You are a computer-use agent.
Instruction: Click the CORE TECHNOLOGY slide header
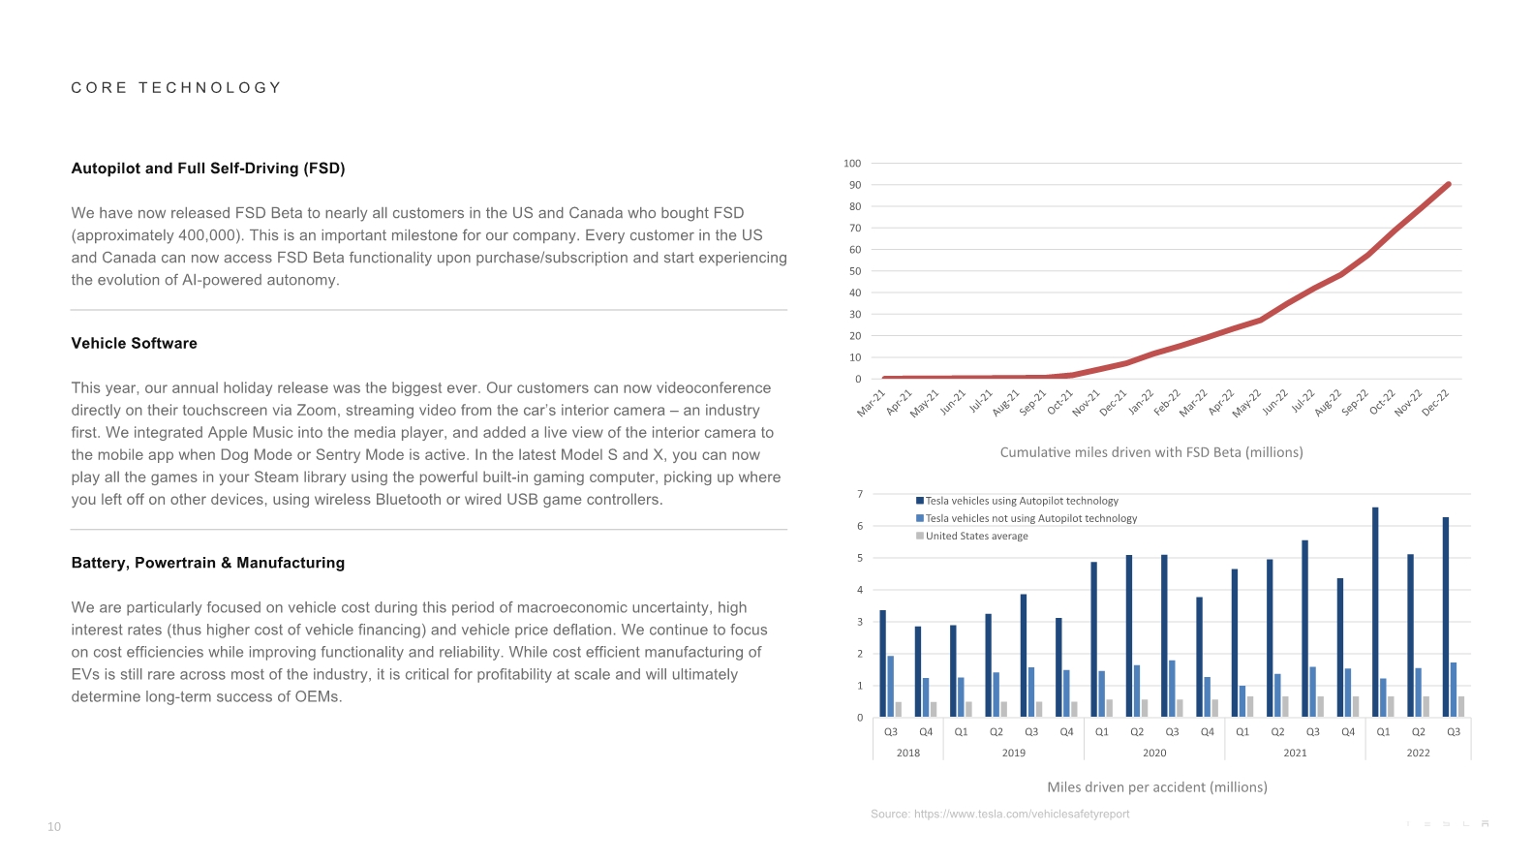176,88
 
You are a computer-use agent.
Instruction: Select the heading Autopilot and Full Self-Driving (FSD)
208,169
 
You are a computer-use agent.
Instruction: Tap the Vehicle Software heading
135,344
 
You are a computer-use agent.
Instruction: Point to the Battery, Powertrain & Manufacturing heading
208,563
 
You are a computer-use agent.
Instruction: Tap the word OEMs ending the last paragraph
319,697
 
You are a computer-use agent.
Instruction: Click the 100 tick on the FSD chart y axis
852,164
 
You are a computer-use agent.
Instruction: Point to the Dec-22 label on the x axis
1435,403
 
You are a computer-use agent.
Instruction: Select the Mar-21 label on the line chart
872,403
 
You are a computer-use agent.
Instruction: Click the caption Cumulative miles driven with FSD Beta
1151,452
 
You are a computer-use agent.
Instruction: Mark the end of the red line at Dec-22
1449,184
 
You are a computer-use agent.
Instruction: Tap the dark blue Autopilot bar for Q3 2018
882,663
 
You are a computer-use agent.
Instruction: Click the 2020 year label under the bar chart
1154,754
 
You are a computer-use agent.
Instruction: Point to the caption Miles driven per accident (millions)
1157,787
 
